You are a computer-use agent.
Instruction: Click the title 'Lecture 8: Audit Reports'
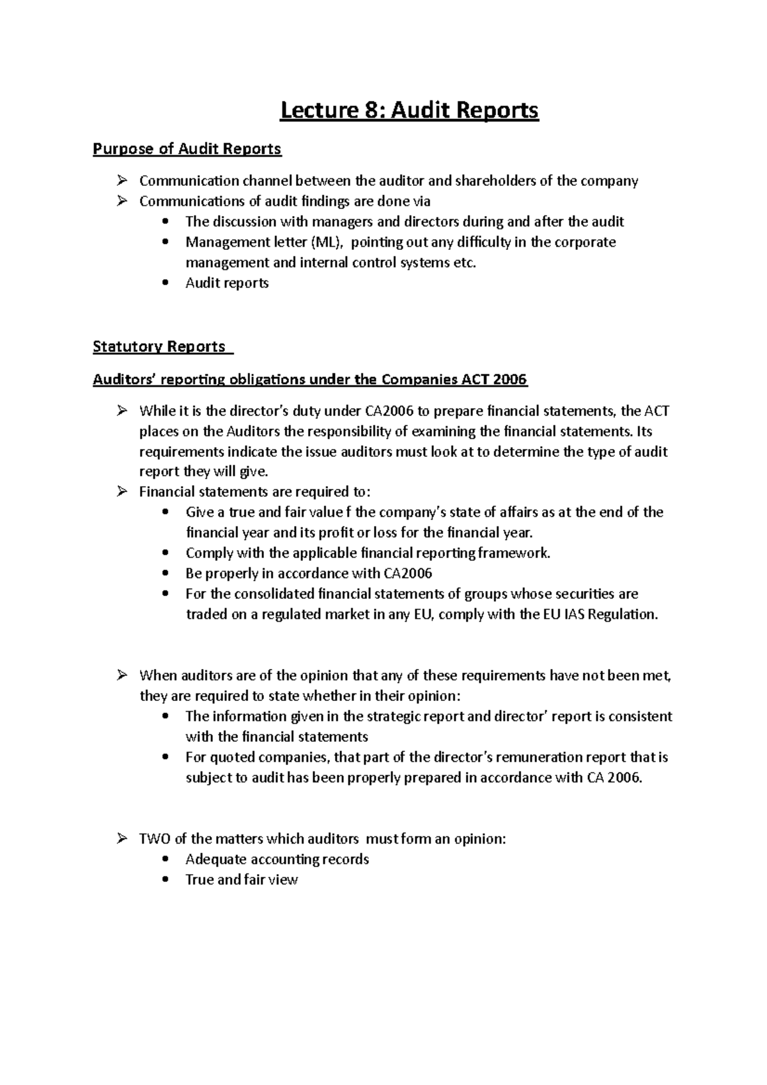[x=410, y=111]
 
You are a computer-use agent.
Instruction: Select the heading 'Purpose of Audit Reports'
[x=187, y=150]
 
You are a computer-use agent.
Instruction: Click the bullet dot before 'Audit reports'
[x=166, y=283]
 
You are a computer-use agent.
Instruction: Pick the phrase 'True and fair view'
[x=242, y=880]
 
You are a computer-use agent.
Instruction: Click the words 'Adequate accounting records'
[x=277, y=859]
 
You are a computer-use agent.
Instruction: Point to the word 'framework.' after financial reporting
[x=517, y=553]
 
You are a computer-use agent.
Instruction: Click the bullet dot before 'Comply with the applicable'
[x=166, y=553]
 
